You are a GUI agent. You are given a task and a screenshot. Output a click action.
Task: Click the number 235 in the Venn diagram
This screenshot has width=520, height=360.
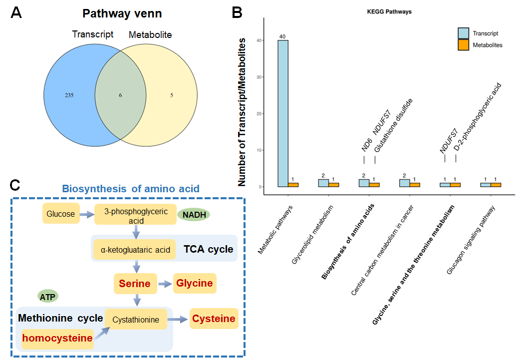click(x=69, y=95)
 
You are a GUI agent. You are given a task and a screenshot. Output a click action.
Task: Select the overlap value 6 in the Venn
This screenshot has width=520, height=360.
click(x=120, y=95)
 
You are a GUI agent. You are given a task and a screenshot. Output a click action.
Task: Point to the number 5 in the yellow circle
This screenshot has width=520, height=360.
click(x=171, y=95)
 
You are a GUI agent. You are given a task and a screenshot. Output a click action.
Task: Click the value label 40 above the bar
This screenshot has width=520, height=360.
click(x=283, y=36)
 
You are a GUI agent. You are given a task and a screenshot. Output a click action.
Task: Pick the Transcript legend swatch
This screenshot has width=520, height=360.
click(x=464, y=33)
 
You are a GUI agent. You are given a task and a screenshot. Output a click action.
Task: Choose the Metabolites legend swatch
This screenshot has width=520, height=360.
click(x=464, y=44)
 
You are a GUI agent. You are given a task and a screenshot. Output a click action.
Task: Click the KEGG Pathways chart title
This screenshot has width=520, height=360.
click(x=389, y=11)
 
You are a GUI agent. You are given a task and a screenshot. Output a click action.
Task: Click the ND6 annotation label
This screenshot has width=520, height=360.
click(x=367, y=145)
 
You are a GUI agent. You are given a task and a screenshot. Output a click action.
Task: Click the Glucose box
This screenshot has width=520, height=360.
click(x=61, y=214)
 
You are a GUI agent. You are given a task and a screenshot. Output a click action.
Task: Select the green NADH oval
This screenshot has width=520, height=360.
click(x=194, y=214)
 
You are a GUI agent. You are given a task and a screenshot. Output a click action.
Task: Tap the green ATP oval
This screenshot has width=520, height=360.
click(x=48, y=296)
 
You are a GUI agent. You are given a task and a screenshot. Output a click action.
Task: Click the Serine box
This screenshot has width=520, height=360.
click(x=135, y=284)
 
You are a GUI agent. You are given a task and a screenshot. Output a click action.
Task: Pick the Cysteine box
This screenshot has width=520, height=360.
click(x=214, y=319)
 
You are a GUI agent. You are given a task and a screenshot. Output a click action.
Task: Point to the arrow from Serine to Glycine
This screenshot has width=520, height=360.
click(x=165, y=284)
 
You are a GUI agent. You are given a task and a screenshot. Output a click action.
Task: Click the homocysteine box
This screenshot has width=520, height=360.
click(x=57, y=338)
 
